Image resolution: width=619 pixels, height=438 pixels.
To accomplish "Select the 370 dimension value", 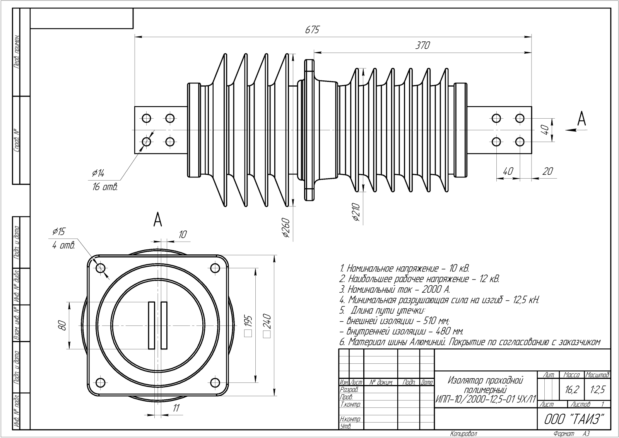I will [422, 45].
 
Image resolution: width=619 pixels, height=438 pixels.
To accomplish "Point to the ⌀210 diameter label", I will [357, 213].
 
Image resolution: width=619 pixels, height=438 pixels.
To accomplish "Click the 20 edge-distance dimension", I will [547, 171].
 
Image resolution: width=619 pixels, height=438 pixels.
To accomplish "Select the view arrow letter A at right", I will [581, 119].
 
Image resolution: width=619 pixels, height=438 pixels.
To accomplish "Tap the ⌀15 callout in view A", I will [59, 232].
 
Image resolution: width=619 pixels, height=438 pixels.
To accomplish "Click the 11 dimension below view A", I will [176, 407].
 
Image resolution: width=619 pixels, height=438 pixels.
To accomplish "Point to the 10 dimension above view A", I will [182, 234].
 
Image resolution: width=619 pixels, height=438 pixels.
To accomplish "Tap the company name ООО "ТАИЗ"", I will [574, 419].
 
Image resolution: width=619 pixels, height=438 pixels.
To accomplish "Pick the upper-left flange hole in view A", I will [101, 268].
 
